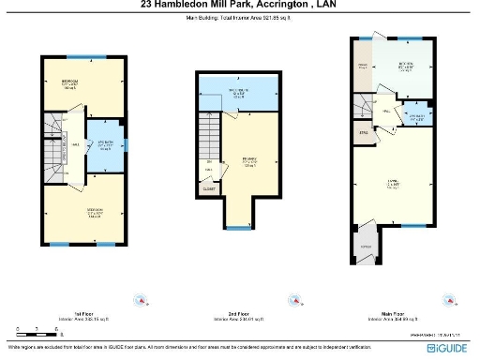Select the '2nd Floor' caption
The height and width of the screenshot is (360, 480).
[239, 314]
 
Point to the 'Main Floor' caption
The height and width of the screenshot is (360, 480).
[392, 314]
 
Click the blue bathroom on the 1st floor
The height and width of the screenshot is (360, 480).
[105, 146]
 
